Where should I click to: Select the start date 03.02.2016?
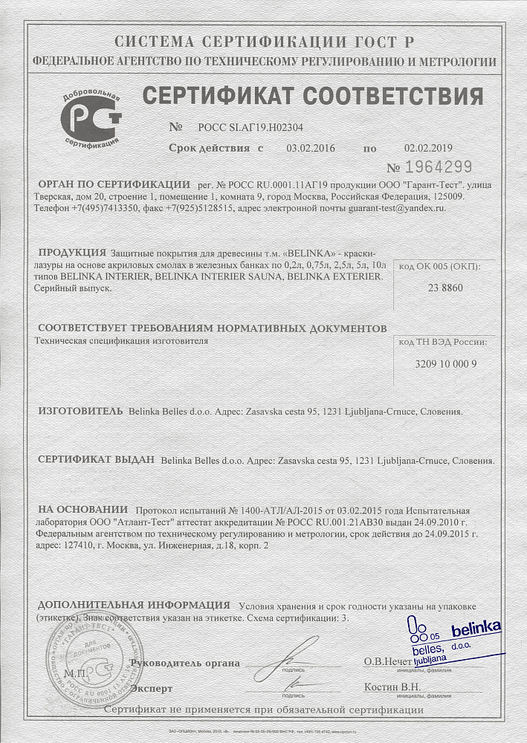pos(311,149)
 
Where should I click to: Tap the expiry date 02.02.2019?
pos(428,149)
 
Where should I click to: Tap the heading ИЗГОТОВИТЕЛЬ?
pos(80,410)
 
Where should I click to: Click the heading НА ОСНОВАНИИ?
pos(83,509)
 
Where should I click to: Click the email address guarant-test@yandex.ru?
pos(397,210)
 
